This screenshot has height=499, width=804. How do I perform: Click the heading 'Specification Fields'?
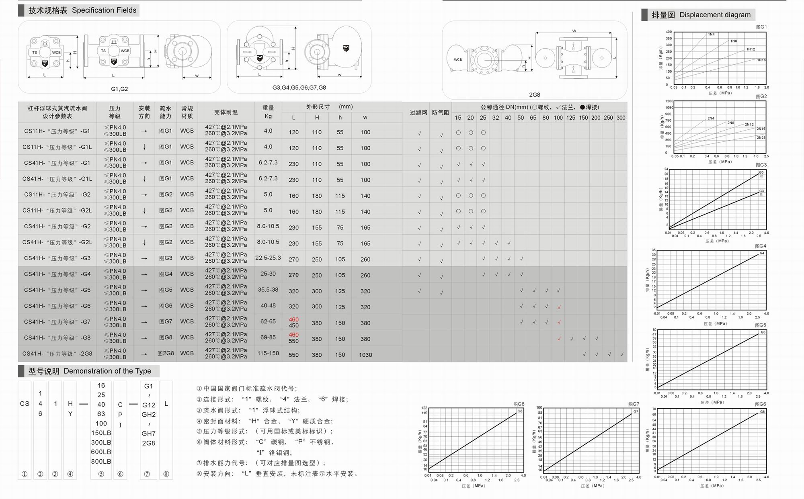pyautogui.click(x=104, y=10)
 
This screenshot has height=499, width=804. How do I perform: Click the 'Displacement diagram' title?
pyautogui.click(x=715, y=15)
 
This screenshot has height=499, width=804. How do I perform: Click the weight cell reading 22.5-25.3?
pyautogui.click(x=268, y=258)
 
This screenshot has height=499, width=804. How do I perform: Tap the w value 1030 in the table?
pyautogui.click(x=365, y=355)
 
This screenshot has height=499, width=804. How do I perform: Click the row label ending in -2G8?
pyautogui.click(x=57, y=354)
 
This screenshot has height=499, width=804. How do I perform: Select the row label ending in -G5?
pyautogui.click(x=57, y=290)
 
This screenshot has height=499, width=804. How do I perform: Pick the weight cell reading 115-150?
pyautogui.click(x=268, y=353)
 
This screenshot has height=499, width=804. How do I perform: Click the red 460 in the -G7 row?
pyautogui.click(x=293, y=320)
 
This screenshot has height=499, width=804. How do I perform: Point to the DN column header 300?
pyautogui.click(x=621, y=118)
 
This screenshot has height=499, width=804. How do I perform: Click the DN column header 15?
pyautogui.click(x=458, y=118)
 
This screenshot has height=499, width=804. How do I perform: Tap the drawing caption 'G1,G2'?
pyautogui.click(x=119, y=89)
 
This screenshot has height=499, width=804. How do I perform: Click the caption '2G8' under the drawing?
pyautogui.click(x=534, y=95)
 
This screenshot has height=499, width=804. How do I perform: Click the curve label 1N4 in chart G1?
pyautogui.click(x=711, y=35)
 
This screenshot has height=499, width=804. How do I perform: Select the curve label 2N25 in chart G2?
pyautogui.click(x=761, y=138)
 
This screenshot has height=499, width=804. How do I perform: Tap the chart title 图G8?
pyautogui.click(x=519, y=404)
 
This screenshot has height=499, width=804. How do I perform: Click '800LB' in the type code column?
pyautogui.click(x=101, y=461)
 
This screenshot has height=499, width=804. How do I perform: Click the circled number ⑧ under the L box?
pyautogui.click(x=166, y=474)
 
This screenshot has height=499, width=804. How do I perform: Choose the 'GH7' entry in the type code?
pyautogui.click(x=148, y=434)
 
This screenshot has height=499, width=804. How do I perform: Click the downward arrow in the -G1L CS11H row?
pyautogui.click(x=144, y=147)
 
